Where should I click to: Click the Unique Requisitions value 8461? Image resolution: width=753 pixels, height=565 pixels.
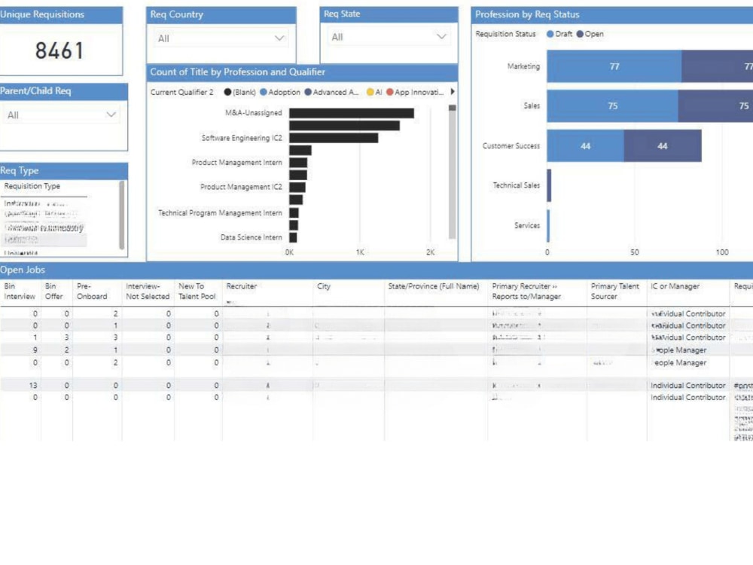[x=59, y=51]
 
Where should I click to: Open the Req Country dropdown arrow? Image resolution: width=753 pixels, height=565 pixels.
[x=279, y=38]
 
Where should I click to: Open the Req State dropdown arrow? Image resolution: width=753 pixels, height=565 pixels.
[x=442, y=37]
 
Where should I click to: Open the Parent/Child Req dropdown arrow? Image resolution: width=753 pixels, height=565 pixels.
[x=111, y=115]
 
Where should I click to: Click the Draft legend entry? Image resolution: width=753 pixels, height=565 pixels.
[x=559, y=34]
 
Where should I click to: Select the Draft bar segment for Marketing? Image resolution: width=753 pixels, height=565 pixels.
[x=614, y=66]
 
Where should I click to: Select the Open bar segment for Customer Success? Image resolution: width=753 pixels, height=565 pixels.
[x=662, y=146]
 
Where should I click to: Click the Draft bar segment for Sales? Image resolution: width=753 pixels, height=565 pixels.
[x=612, y=106]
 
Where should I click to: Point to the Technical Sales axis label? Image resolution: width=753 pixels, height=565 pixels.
[x=516, y=185]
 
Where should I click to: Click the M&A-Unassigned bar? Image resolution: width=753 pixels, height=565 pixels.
[x=351, y=113]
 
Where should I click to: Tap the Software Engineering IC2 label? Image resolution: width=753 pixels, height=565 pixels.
[x=242, y=139]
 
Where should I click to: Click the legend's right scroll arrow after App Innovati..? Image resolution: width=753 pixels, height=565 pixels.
[x=453, y=92]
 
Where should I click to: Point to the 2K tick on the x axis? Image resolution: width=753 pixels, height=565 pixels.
[x=430, y=252]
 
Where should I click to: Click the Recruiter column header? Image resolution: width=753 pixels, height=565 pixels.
[x=241, y=286]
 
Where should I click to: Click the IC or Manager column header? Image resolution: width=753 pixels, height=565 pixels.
[x=675, y=286]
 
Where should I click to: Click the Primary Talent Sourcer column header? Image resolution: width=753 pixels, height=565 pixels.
[x=614, y=291]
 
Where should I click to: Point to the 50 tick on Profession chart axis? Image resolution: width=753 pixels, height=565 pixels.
[x=635, y=252]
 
